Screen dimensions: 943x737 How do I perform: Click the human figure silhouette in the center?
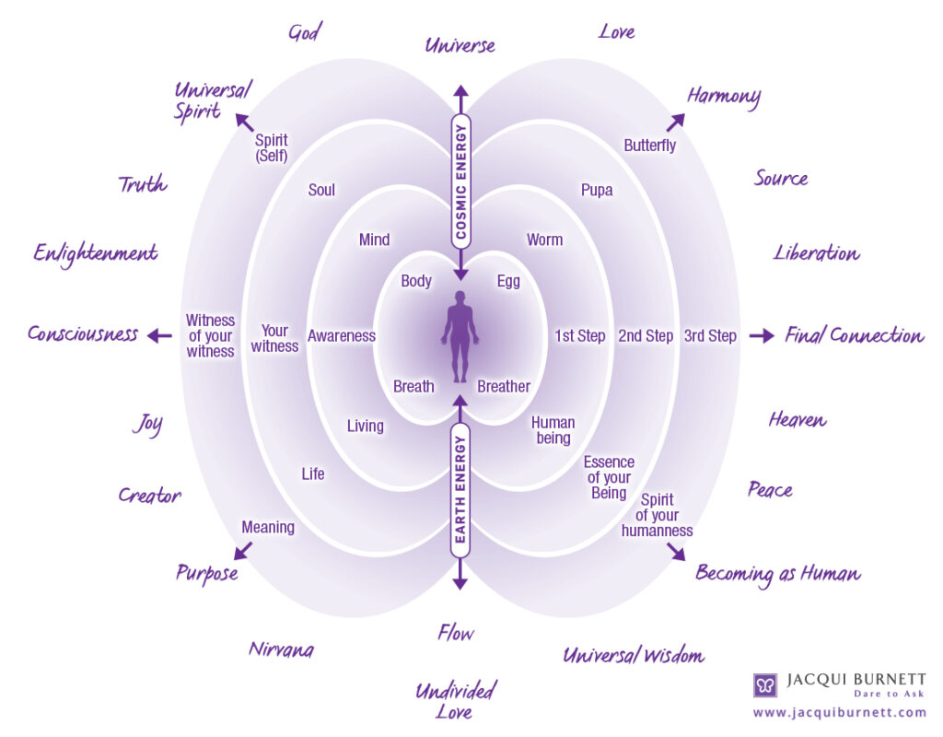pyautogui.click(x=460, y=337)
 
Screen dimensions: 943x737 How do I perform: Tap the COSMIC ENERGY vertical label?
pyautogui.click(x=460, y=181)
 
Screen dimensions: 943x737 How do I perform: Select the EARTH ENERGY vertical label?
pyautogui.click(x=460, y=489)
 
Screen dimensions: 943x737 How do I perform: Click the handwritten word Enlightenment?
pyautogui.click(x=96, y=253)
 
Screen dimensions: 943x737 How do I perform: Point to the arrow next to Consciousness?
pyautogui.click(x=160, y=335)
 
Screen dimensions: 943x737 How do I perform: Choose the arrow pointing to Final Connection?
pyautogui.click(x=762, y=335)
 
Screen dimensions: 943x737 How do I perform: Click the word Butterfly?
pyautogui.click(x=649, y=146)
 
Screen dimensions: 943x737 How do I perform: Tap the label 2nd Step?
pyautogui.click(x=646, y=335)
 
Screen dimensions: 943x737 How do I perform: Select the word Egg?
pyautogui.click(x=508, y=282)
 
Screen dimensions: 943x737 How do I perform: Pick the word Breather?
pyautogui.click(x=504, y=386)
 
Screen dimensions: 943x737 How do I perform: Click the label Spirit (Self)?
pyautogui.click(x=272, y=148)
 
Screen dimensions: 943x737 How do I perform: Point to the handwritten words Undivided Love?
pyautogui.click(x=455, y=701)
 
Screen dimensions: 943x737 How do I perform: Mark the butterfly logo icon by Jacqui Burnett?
pyautogui.click(x=765, y=685)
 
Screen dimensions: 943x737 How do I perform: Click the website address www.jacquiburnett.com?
pyautogui.click(x=840, y=713)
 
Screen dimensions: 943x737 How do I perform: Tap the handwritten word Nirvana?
pyautogui.click(x=282, y=649)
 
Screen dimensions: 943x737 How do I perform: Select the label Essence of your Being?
pyautogui.click(x=609, y=478)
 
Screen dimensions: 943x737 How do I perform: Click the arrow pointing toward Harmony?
pyautogui.click(x=675, y=123)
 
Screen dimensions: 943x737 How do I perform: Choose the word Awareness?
pyautogui.click(x=342, y=335)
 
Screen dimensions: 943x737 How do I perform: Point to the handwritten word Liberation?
pyautogui.click(x=816, y=253)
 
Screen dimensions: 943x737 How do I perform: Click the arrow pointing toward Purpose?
pyautogui.click(x=243, y=551)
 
